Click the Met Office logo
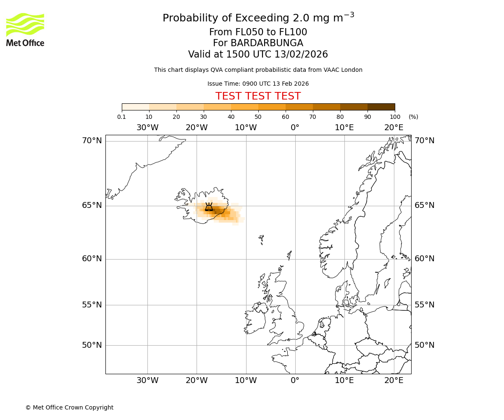(25, 29)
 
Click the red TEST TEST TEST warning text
(258, 96)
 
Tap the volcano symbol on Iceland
(209, 207)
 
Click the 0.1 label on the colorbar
(122, 117)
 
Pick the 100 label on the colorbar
(395, 117)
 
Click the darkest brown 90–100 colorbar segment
(381, 107)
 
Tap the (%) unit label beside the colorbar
(413, 117)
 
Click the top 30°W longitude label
(147, 128)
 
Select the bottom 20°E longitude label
(394, 381)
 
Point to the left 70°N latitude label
(92, 141)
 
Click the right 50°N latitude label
(425, 345)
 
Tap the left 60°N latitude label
(92, 259)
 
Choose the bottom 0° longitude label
(295, 381)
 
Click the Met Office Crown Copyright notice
(69, 407)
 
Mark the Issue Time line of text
(258, 84)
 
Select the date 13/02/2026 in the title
(301, 55)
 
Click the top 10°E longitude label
(344, 128)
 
